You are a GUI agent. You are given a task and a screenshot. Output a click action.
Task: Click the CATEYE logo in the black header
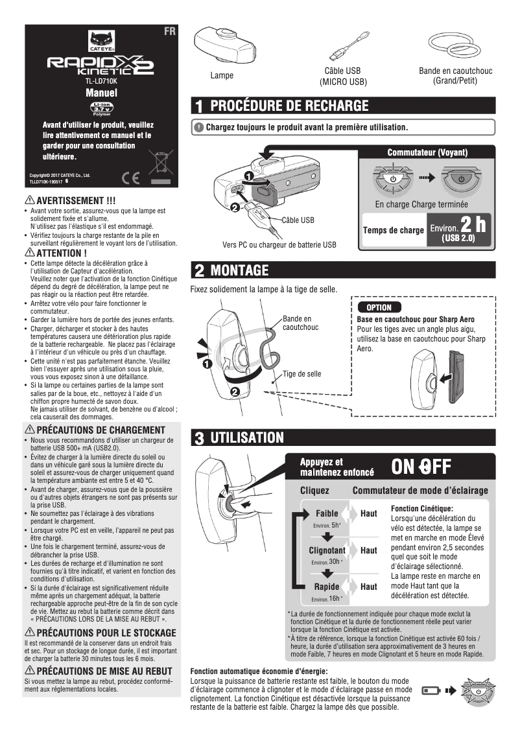[102, 41]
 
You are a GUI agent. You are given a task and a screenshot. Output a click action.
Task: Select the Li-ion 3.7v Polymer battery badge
[102, 109]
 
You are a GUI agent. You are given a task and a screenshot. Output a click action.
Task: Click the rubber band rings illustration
[455, 45]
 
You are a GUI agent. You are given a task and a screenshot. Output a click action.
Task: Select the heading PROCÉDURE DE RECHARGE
[289, 106]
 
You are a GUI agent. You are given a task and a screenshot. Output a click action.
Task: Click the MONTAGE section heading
[239, 269]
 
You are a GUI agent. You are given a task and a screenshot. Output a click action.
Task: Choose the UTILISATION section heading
[247, 437]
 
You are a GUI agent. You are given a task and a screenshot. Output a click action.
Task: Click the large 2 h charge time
[473, 225]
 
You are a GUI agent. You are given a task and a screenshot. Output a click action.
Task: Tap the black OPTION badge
[379, 307]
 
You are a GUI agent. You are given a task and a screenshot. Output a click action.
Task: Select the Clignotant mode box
[327, 555]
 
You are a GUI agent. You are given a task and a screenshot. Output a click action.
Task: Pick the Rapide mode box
[327, 591]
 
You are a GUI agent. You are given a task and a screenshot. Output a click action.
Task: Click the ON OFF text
[421, 467]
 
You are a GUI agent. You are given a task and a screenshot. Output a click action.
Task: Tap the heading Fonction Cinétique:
[421, 509]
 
